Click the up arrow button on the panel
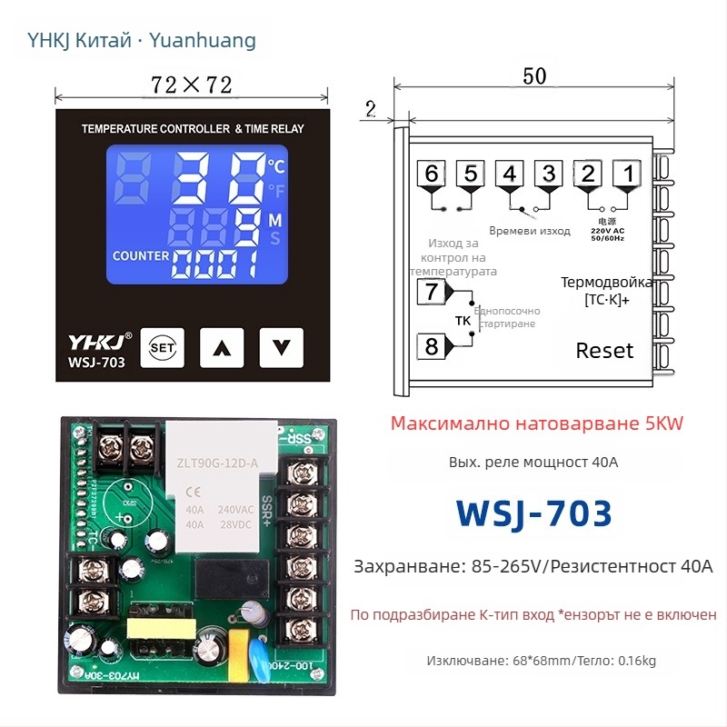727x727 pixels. (x=223, y=346)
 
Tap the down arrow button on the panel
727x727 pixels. (x=282, y=346)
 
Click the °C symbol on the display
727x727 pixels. (x=276, y=165)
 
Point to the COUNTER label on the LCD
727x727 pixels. (x=141, y=255)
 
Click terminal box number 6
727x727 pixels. (x=431, y=174)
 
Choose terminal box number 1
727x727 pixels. (x=627, y=174)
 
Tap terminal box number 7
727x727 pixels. (x=431, y=292)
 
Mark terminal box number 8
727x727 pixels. (x=431, y=346)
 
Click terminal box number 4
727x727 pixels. (x=510, y=174)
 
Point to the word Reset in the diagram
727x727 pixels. (x=604, y=351)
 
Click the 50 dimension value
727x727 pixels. (x=534, y=77)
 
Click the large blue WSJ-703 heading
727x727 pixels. (x=534, y=513)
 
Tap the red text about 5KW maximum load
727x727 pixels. (x=536, y=423)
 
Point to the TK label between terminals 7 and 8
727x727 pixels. (x=463, y=320)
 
